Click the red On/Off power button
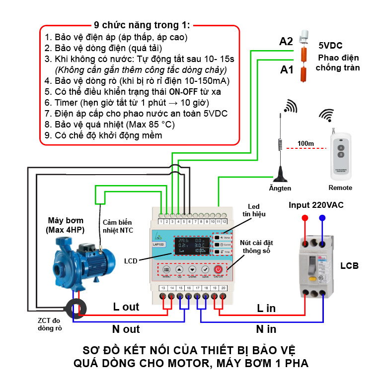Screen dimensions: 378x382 [x=218, y=269]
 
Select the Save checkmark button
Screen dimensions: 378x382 [x=205, y=269]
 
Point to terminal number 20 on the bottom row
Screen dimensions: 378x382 [x=224, y=288]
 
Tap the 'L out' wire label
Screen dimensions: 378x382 [x=126, y=307]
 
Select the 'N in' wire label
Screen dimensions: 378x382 [x=267, y=328]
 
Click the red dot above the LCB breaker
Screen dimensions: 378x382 [x=305, y=217]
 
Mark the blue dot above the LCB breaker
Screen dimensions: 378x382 [x=322, y=217]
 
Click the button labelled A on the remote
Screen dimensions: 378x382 [x=340, y=147]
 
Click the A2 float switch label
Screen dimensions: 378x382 [x=286, y=41]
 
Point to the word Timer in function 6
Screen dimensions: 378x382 [x=64, y=102]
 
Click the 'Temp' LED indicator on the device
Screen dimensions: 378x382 [x=222, y=252]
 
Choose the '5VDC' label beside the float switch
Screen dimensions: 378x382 [x=330, y=45]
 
